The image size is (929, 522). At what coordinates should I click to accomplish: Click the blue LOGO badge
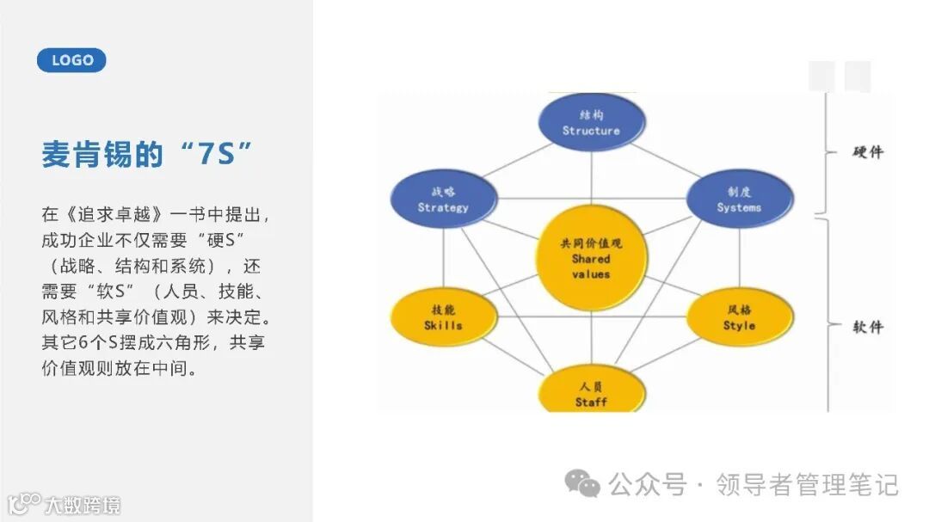71,60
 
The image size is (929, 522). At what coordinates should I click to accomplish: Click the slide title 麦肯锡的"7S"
147,154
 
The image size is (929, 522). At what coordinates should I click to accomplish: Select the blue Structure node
591,121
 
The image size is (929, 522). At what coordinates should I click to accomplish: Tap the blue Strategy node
443,199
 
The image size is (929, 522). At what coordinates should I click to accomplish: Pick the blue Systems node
739,199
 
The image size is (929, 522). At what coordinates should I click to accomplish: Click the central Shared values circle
591,258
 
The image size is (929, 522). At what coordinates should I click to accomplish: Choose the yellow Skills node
443,317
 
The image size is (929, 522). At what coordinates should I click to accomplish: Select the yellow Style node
739,317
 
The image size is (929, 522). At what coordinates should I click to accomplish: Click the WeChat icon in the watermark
582,484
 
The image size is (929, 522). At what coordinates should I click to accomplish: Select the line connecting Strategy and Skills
443,258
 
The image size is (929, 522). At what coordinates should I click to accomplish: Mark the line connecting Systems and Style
739,258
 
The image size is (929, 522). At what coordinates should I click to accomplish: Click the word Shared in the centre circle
591,258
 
